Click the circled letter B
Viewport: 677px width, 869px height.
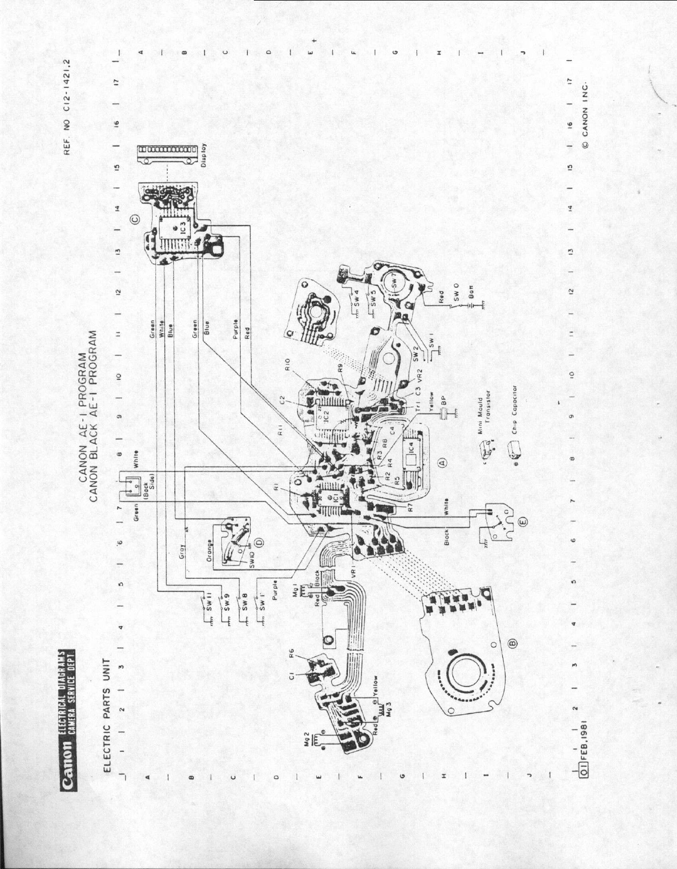coord(512,643)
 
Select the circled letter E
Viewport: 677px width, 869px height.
coord(523,520)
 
